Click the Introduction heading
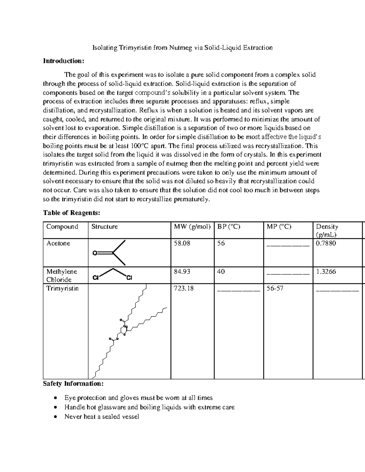(63, 61)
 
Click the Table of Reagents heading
(71, 213)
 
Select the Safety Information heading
(73, 384)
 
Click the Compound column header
(62, 227)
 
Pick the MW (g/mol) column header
(192, 227)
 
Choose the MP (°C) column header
(279, 227)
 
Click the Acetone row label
(58, 243)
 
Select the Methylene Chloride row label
(61, 276)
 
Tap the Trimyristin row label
(62, 288)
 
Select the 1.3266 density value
(326, 272)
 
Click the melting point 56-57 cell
(275, 288)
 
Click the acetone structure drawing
(109, 253)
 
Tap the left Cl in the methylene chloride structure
(96, 277)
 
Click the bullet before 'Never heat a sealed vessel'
(55, 417)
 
